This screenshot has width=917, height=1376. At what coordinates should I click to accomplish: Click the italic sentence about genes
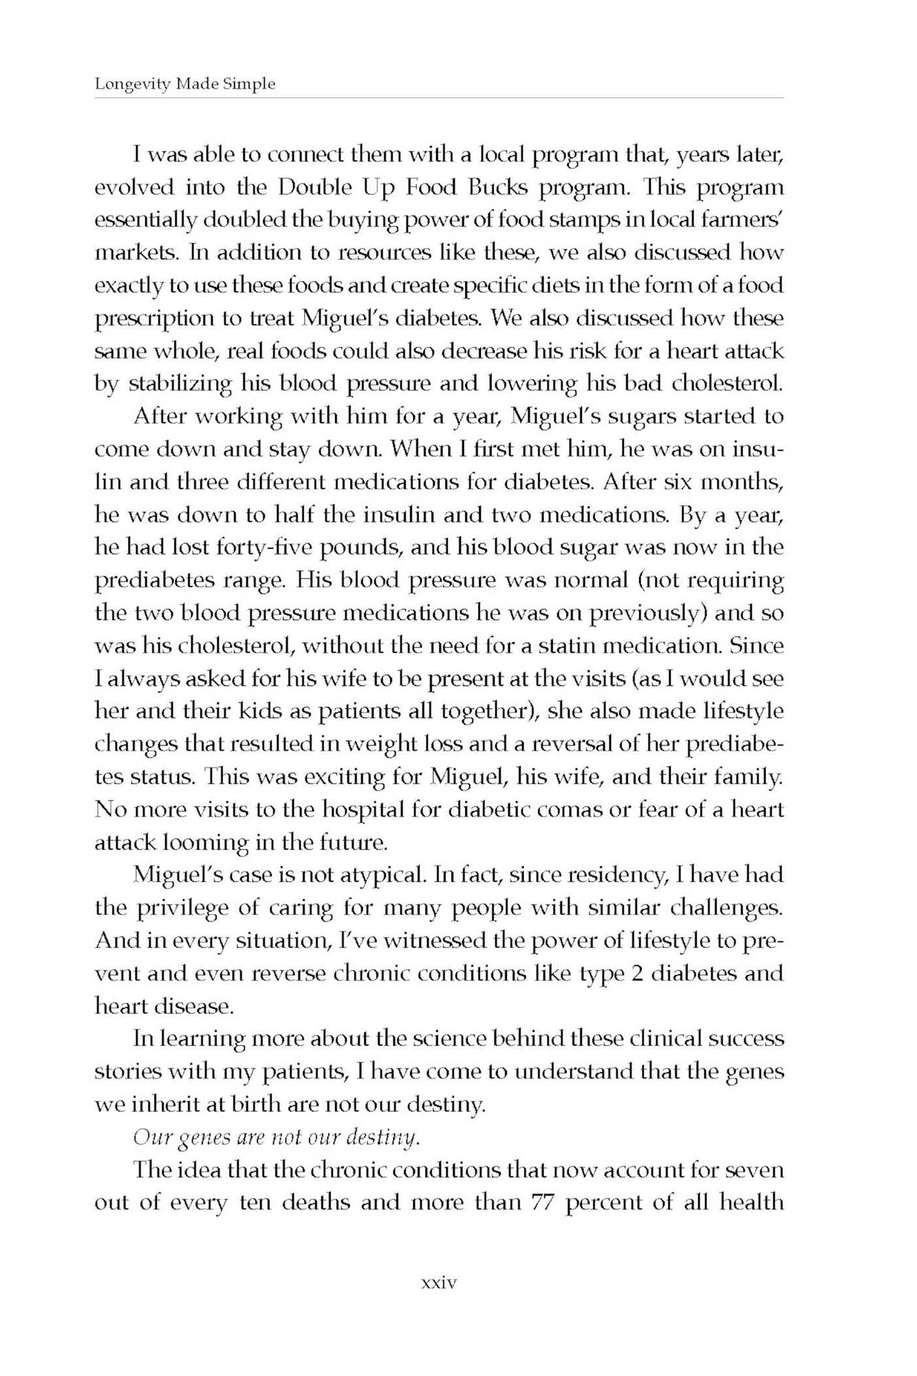[x=276, y=1138]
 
